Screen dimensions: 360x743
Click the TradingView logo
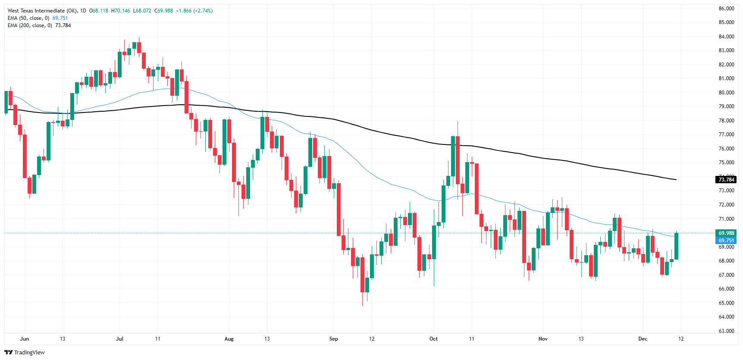25,352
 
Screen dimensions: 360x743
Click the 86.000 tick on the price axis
726,9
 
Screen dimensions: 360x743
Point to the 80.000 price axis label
726,93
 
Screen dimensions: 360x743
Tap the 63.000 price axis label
726,331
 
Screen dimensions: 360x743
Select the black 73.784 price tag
726,180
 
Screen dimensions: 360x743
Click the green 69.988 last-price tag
726,233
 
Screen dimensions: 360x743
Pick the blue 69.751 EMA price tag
726,241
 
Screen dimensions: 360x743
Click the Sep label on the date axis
333,339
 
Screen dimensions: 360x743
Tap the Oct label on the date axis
433,339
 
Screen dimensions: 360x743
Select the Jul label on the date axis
119,339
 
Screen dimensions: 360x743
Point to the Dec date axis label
643,339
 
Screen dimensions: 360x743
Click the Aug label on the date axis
229,339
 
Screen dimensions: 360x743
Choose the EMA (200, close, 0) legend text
30,25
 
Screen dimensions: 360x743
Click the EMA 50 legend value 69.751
60,18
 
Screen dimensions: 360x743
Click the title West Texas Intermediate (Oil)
42,11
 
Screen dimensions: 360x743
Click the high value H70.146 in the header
120,11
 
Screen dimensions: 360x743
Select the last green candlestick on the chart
676,246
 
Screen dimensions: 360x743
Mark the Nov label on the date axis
543,339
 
